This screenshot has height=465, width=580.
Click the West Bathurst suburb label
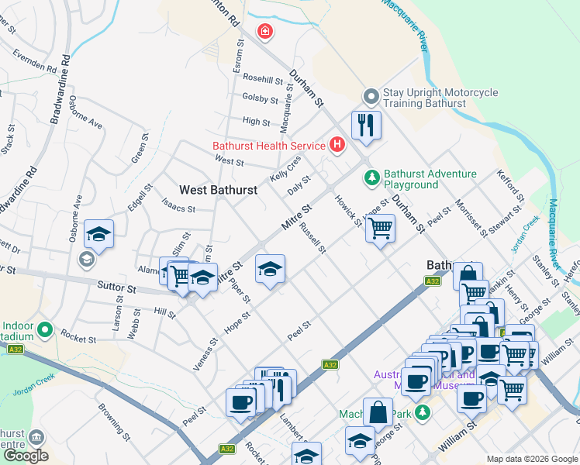click(x=219, y=189)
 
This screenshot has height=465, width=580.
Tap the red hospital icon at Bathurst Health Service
click(x=337, y=144)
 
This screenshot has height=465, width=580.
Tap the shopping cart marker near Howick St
click(x=380, y=229)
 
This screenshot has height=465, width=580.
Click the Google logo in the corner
click(x=26, y=456)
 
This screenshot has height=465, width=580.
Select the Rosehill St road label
click(x=263, y=79)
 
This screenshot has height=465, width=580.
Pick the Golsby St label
click(x=260, y=98)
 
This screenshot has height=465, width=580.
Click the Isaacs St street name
click(x=178, y=208)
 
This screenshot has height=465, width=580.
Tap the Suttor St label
click(x=116, y=288)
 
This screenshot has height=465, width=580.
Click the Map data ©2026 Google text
click(x=532, y=459)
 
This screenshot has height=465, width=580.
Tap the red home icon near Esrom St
click(x=265, y=31)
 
